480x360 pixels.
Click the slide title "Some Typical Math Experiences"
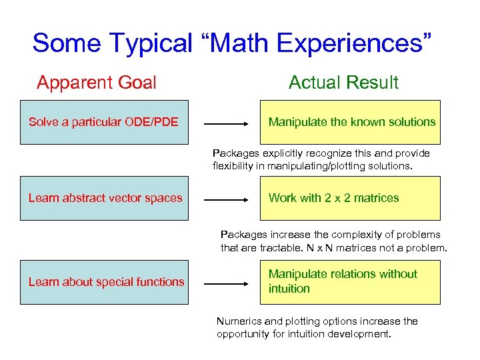coord(233,43)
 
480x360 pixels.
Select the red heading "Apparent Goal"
coord(97,83)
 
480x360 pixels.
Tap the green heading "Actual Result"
coord(343,83)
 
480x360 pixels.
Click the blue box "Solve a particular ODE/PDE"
coord(104,123)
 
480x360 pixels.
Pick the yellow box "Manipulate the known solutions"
coord(351,123)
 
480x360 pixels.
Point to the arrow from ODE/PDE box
coord(227,123)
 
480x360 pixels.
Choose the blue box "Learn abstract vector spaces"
coord(104,199)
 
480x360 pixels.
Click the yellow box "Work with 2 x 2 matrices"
coord(351,199)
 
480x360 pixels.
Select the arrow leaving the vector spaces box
coord(227,199)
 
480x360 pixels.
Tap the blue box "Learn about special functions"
coord(104,282)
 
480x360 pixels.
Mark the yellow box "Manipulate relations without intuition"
coord(351,282)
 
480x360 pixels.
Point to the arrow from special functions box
coord(227,283)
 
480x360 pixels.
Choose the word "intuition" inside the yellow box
coord(289,289)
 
